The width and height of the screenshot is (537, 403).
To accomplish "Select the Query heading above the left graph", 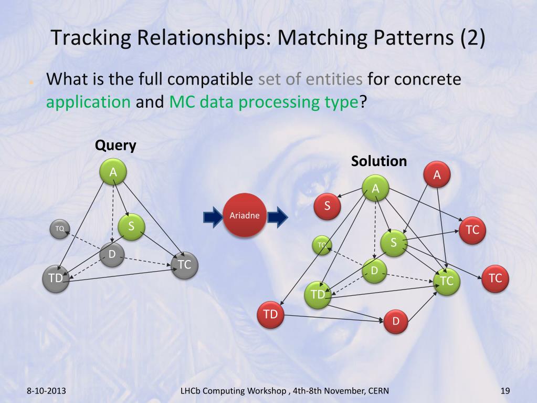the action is (115, 146).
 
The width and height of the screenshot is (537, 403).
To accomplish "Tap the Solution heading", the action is (379, 161).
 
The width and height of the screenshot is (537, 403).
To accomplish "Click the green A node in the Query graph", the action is (113, 172).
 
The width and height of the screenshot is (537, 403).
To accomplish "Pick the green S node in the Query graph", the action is (131, 227).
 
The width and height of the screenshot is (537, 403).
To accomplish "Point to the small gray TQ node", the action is (60, 229).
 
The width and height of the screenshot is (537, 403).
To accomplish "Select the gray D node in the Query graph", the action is (112, 255).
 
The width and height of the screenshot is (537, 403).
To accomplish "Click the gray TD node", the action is (56, 278).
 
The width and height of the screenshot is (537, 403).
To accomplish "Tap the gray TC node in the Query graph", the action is (184, 265).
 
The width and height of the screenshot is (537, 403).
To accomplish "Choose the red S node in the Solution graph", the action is (328, 206).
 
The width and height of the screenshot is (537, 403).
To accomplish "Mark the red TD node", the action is (270, 315).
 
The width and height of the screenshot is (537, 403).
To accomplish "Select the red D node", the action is (396, 320).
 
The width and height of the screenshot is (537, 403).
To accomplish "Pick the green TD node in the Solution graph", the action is (318, 294).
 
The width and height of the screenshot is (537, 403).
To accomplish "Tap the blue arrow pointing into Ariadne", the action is (213, 216).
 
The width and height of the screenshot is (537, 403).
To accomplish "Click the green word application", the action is (89, 101).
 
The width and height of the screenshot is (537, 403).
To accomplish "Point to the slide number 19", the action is (506, 390).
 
